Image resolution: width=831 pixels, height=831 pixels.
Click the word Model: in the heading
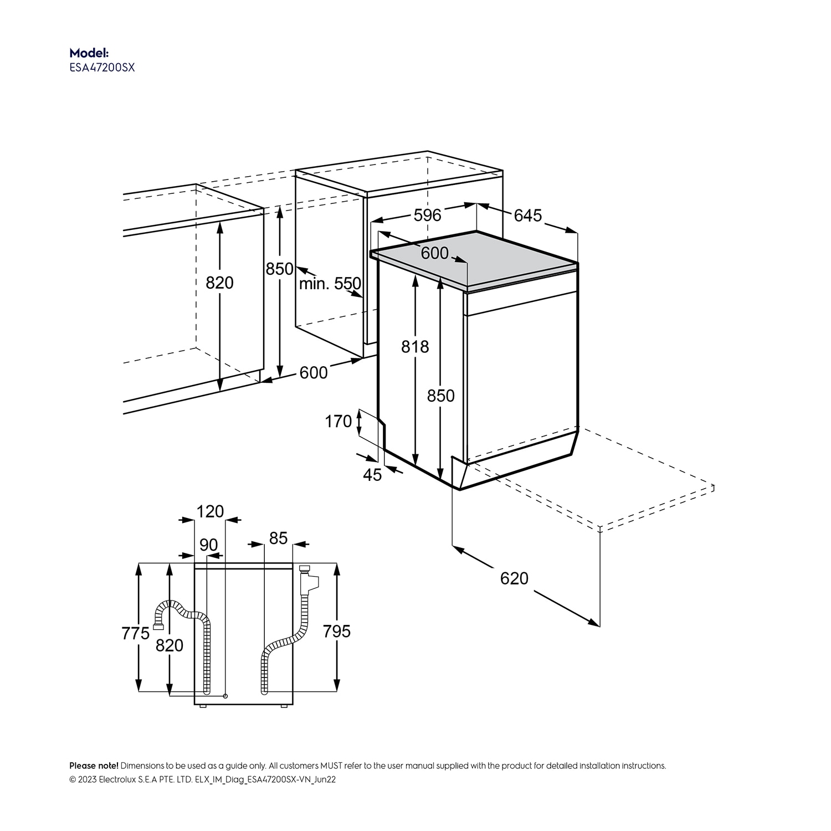tap(89, 53)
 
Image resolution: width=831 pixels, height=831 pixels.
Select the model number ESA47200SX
tap(102, 68)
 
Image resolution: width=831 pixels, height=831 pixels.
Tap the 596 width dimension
tap(428, 215)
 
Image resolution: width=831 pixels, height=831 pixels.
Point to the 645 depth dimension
tap(527, 216)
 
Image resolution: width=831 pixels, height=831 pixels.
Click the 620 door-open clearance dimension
tap(514, 578)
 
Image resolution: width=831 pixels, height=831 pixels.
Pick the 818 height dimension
tap(415, 347)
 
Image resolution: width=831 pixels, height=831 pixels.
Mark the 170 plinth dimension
tap(338, 422)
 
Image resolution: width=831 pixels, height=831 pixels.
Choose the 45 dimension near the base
tap(372, 475)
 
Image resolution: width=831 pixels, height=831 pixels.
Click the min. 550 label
tap(330, 284)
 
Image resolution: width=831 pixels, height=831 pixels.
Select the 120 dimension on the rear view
tap(210, 511)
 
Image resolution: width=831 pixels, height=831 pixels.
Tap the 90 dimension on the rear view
tap(209, 545)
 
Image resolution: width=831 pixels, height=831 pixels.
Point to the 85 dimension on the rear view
tap(278, 538)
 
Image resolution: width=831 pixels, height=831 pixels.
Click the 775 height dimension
tap(135, 633)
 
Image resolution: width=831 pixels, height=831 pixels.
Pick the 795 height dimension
tap(337, 631)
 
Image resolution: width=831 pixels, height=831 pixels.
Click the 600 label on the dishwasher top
tap(434, 253)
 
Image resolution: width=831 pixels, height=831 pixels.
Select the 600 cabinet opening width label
tap(314, 372)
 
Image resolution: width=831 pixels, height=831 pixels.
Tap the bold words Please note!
tap(94, 766)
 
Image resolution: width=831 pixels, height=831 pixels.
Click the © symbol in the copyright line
tap(73, 779)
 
